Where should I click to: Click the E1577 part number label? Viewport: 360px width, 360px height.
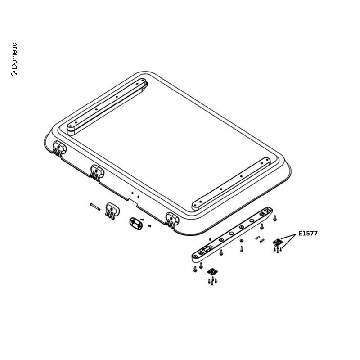[x=308, y=233]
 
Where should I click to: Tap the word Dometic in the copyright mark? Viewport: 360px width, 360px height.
[x=14, y=56]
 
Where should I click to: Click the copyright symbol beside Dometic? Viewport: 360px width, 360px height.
[x=14, y=73]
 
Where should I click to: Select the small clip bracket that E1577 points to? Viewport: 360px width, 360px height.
[x=277, y=242]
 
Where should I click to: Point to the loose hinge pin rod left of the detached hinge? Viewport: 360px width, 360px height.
[x=95, y=207]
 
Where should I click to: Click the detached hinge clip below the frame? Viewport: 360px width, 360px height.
[x=112, y=211]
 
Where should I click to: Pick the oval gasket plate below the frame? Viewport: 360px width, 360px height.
[x=136, y=224]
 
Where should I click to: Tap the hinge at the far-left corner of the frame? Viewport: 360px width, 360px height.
[x=59, y=148]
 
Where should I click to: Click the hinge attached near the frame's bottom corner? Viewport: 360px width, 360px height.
[x=172, y=220]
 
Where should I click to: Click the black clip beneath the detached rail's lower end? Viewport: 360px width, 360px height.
[x=212, y=272]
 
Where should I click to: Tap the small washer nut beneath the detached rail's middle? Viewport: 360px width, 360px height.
[x=241, y=241]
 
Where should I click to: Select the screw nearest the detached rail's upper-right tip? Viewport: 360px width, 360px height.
[x=275, y=218]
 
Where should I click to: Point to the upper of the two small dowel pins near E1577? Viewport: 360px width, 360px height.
[x=257, y=238]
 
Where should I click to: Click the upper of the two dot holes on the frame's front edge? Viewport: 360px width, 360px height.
[x=132, y=193]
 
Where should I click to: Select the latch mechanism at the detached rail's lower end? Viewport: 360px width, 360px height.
[x=206, y=248]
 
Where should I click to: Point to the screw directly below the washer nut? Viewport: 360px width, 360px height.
[x=241, y=249]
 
